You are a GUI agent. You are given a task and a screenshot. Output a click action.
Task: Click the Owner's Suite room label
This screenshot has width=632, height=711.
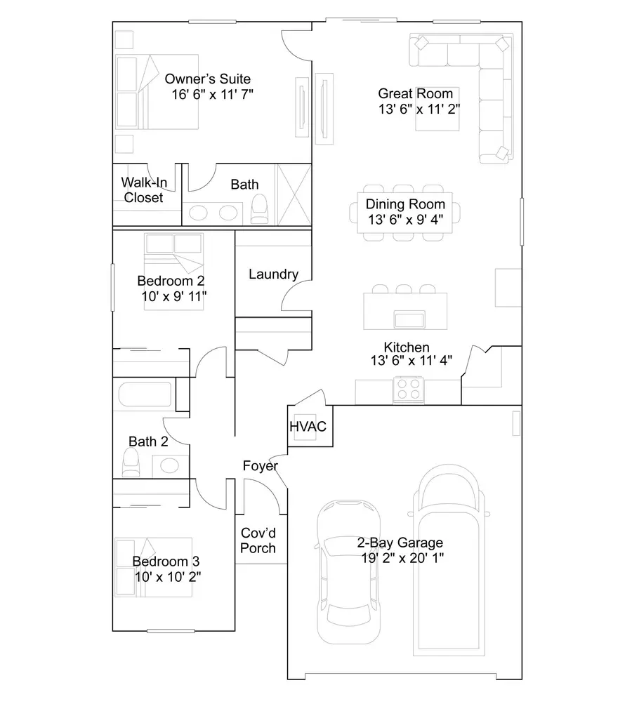tap(207, 79)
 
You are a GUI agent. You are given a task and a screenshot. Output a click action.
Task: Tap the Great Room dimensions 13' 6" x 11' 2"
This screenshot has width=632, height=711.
tap(419, 108)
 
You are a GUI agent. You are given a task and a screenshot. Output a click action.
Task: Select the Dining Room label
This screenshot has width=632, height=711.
tap(405, 204)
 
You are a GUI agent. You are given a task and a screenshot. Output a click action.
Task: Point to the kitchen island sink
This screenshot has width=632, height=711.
tap(409, 320)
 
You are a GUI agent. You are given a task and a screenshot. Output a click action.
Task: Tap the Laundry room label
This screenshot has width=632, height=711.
tap(273, 274)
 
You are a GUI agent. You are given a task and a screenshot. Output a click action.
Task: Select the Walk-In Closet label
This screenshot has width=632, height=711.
tap(143, 190)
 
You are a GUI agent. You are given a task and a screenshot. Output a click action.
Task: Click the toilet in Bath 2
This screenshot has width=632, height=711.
tap(131, 463)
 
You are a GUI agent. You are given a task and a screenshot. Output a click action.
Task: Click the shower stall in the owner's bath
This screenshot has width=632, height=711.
tap(294, 194)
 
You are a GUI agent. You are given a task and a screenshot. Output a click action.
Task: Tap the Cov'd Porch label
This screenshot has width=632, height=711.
tap(258, 540)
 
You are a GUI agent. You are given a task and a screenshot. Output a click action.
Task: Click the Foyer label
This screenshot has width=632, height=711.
tap(260, 466)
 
